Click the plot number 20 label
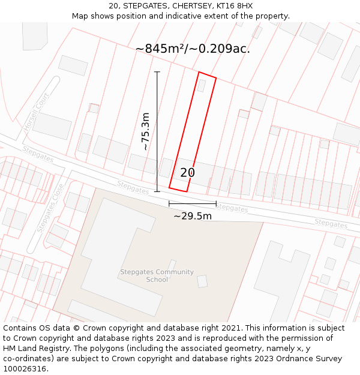tap(187, 172)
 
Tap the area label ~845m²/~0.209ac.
tap(193, 49)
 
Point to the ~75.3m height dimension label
tap(145, 131)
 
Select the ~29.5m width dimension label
tap(193, 216)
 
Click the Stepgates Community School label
tap(157, 275)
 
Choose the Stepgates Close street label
tap(50, 208)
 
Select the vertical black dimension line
tap(157, 131)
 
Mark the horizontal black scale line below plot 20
tap(193, 204)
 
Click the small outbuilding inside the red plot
tap(202, 86)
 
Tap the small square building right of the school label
tap(202, 281)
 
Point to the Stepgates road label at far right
tap(331, 223)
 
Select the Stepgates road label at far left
tap(37, 154)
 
